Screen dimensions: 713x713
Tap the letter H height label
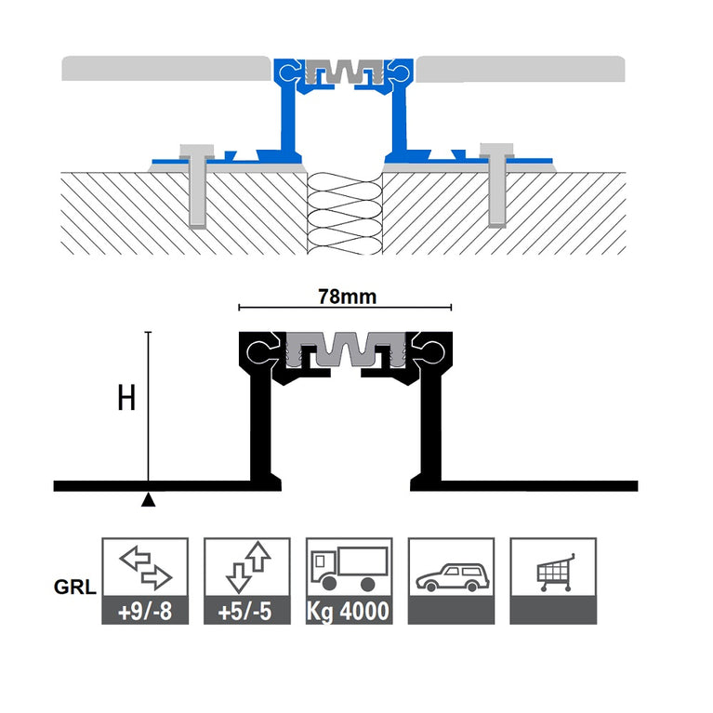(127, 399)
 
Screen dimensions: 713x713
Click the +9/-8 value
(144, 614)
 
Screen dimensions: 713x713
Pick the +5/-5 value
(246, 614)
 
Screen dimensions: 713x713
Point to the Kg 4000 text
(348, 614)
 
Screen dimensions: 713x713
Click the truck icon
(348, 568)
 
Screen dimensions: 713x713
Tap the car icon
(450, 574)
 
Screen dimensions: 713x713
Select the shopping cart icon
(552, 570)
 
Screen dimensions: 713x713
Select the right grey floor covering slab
(521, 69)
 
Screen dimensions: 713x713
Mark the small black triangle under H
(148, 501)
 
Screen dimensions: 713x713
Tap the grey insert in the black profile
(345, 347)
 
